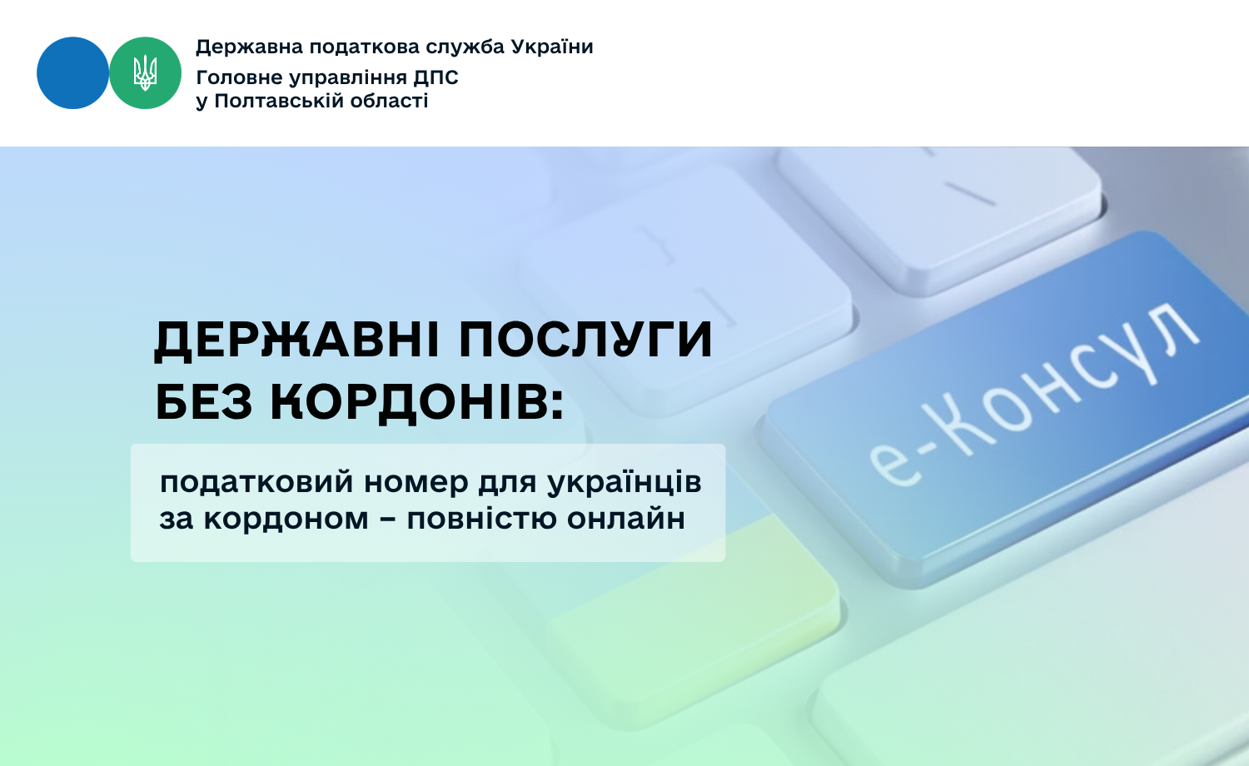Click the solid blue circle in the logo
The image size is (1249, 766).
click(72, 73)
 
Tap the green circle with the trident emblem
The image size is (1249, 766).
click(145, 73)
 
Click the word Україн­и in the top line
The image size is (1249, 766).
click(552, 47)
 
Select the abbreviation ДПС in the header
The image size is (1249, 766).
click(435, 77)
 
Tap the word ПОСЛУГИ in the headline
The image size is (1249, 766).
click(585, 340)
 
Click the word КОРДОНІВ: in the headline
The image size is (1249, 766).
click(417, 402)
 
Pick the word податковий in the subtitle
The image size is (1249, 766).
click(256, 483)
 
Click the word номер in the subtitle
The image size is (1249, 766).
click(416, 484)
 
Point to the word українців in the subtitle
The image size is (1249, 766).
click(624, 483)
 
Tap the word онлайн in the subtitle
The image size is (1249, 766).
click(626, 519)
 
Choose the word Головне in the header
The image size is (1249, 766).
click(240, 77)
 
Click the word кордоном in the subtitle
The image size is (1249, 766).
click(286, 519)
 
